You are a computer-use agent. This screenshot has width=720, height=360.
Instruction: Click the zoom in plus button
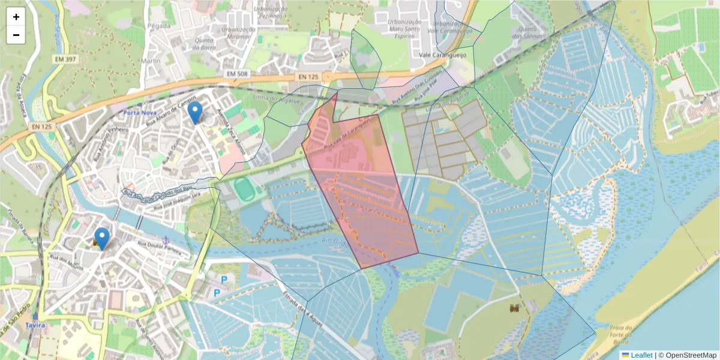[16, 17]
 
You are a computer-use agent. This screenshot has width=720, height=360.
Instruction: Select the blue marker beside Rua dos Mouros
[102, 238]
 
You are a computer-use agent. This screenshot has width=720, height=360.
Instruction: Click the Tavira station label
[35, 325]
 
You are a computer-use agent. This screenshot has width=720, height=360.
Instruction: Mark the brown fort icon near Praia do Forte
[514, 308]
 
